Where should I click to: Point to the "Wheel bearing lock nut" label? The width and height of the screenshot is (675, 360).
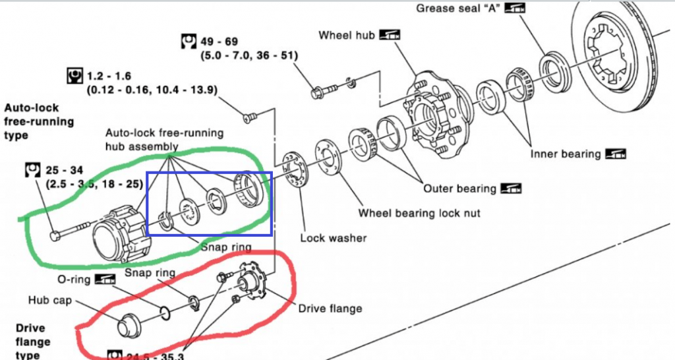tap(419, 213)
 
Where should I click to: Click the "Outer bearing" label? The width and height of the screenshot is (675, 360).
tap(459, 189)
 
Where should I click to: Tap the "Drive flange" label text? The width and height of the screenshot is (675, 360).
tap(330, 308)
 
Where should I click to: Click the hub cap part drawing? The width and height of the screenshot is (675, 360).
tap(129, 326)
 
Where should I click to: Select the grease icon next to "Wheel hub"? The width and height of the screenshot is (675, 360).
tap(390, 35)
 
